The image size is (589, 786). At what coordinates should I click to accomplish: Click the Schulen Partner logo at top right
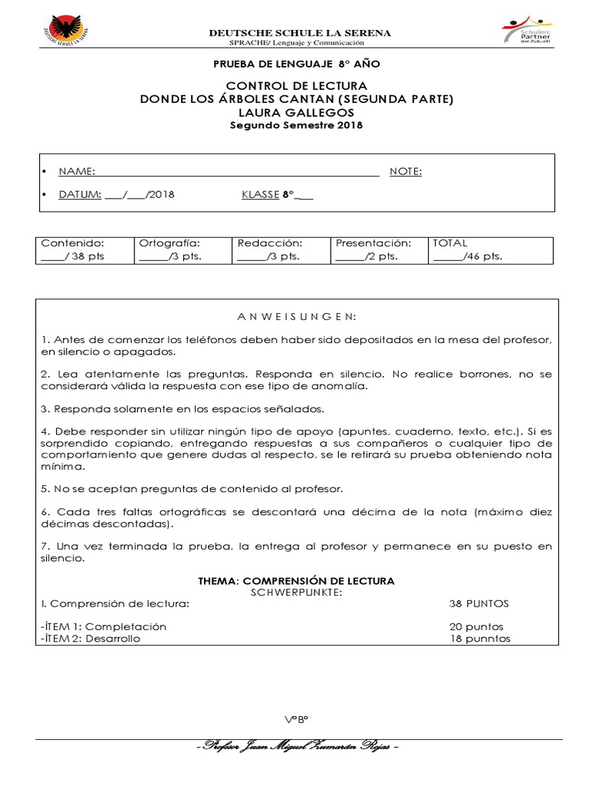tap(530, 31)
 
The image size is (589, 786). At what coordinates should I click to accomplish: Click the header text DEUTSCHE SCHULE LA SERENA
tap(300, 33)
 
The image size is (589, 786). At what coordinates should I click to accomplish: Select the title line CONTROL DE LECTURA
tap(296, 85)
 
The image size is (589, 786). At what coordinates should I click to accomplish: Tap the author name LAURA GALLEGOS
tap(296, 112)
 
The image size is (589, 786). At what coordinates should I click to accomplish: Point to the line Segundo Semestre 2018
tap(296, 125)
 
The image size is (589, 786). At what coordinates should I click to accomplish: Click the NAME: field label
tap(77, 171)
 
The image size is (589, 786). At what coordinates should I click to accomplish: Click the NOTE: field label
tap(406, 171)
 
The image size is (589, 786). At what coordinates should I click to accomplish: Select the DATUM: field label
tap(80, 194)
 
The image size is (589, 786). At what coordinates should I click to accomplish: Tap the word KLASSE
tap(260, 194)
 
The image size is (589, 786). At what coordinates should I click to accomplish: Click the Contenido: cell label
tap(71, 243)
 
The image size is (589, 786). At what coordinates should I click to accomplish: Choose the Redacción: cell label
tap(265, 243)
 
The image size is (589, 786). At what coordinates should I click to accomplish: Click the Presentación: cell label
tap(373, 243)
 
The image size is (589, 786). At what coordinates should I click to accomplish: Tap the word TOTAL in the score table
tap(450, 243)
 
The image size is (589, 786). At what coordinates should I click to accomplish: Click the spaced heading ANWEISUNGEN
tap(296, 316)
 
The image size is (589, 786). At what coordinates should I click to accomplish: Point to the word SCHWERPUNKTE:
tap(296, 593)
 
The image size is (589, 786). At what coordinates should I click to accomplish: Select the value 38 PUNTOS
tap(479, 603)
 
